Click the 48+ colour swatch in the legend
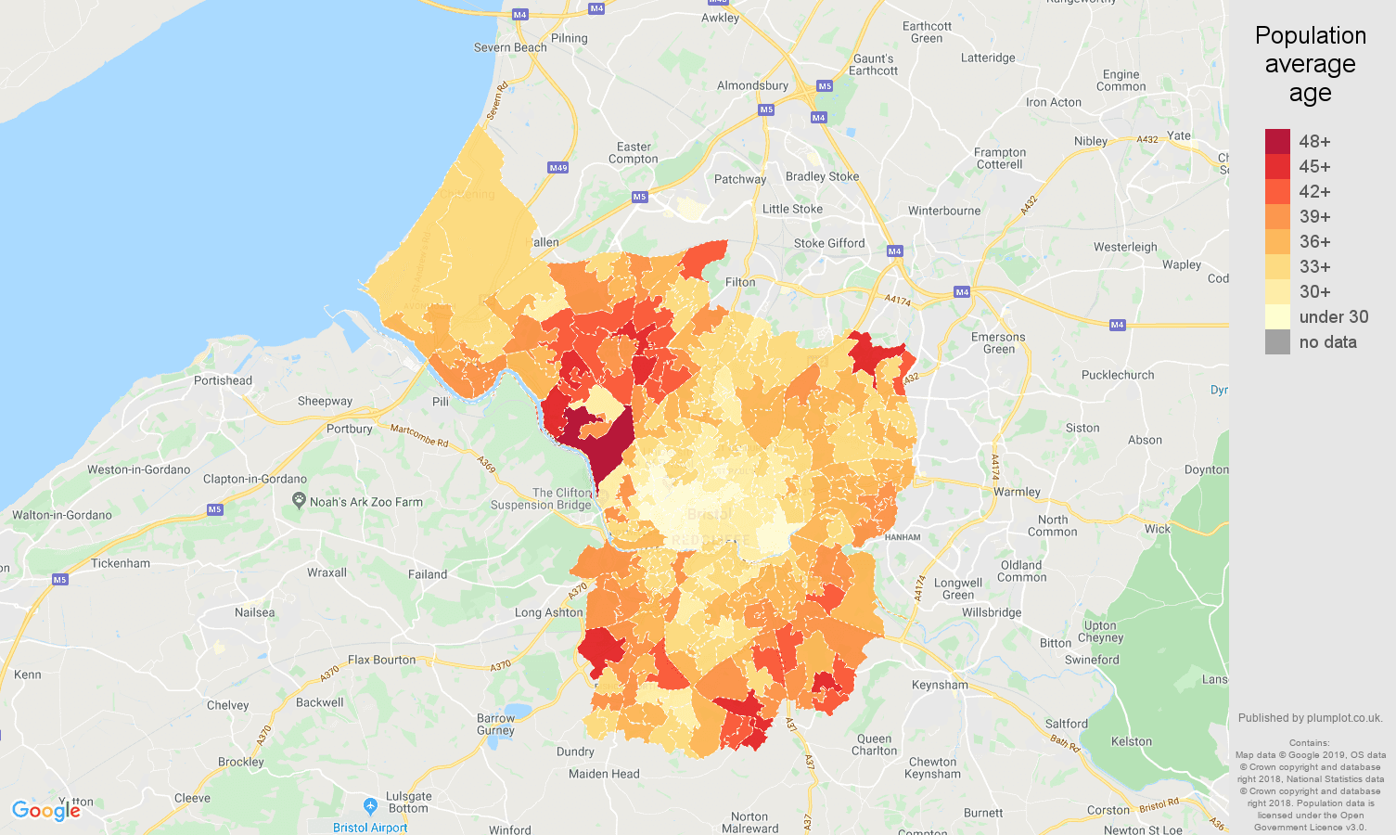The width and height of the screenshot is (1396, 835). pyautogui.click(x=1277, y=141)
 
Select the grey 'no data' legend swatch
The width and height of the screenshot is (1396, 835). pyautogui.click(x=1277, y=341)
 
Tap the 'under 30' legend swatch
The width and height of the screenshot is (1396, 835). pyautogui.click(x=1277, y=316)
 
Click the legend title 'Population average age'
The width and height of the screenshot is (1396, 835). pyautogui.click(x=1310, y=64)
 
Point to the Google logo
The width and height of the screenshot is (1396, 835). pyautogui.click(x=46, y=811)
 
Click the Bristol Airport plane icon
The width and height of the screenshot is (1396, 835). pyautogui.click(x=370, y=805)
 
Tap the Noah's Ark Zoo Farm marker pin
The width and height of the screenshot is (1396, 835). pyautogui.click(x=299, y=500)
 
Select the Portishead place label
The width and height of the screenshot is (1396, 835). pyautogui.click(x=223, y=380)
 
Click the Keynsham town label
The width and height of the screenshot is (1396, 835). pyautogui.click(x=940, y=685)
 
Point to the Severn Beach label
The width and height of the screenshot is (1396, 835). pyautogui.click(x=510, y=47)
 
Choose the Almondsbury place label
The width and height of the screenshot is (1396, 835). pyautogui.click(x=752, y=85)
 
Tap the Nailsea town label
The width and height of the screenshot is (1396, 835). pyautogui.click(x=254, y=612)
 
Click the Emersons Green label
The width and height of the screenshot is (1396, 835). pyautogui.click(x=998, y=343)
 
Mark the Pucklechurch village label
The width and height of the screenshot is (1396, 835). pyautogui.click(x=1118, y=375)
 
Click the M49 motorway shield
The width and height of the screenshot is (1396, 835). pyautogui.click(x=557, y=168)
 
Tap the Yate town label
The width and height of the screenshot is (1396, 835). pyautogui.click(x=1179, y=135)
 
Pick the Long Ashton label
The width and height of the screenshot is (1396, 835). pyautogui.click(x=548, y=612)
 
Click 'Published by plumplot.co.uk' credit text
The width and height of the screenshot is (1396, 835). pyautogui.click(x=1310, y=717)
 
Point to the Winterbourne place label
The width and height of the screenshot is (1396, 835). pyautogui.click(x=944, y=211)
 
